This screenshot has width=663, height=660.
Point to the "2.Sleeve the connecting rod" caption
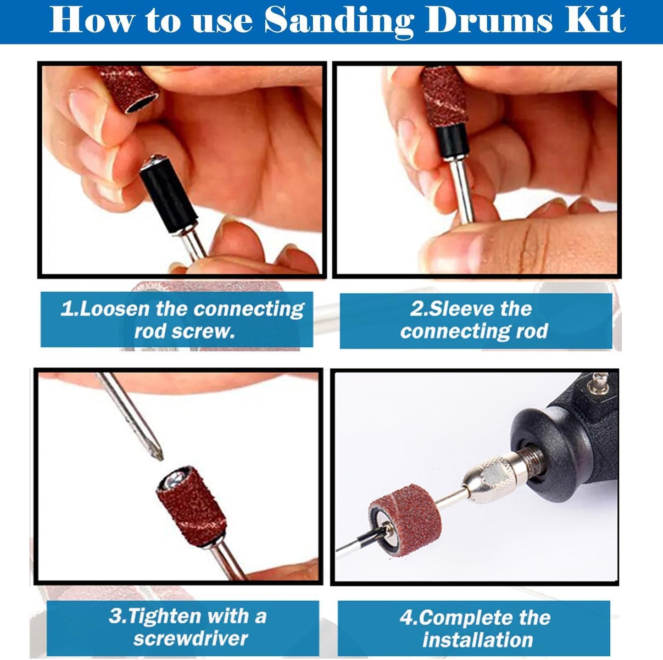[475, 320]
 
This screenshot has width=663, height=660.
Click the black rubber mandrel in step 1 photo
[169, 196]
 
